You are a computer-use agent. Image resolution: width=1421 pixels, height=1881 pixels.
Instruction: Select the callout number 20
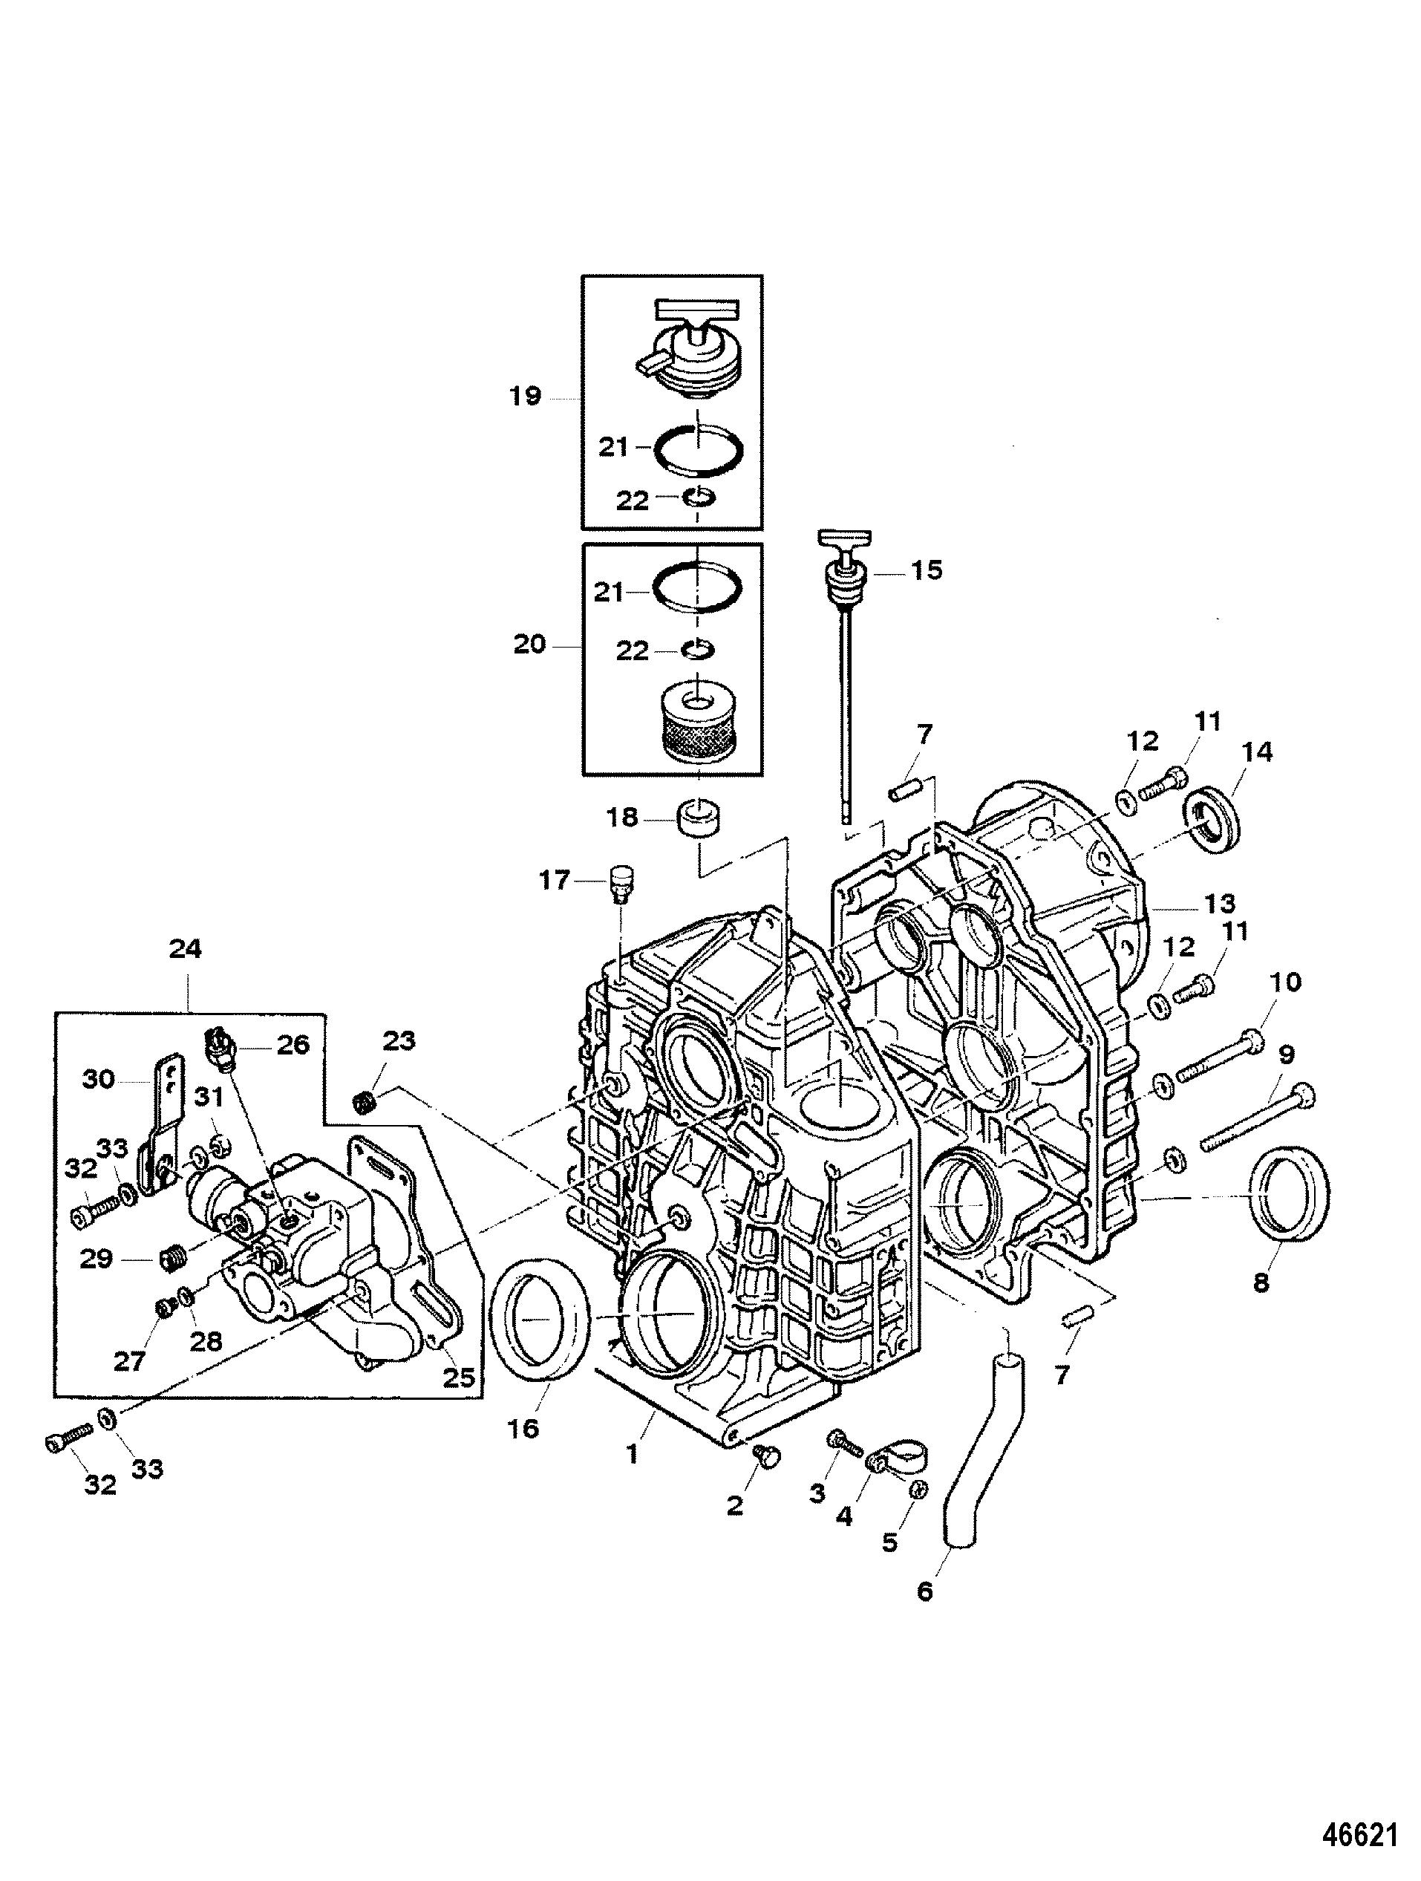pos(529,645)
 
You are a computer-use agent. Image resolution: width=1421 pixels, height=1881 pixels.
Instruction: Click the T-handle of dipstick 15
pos(842,539)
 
